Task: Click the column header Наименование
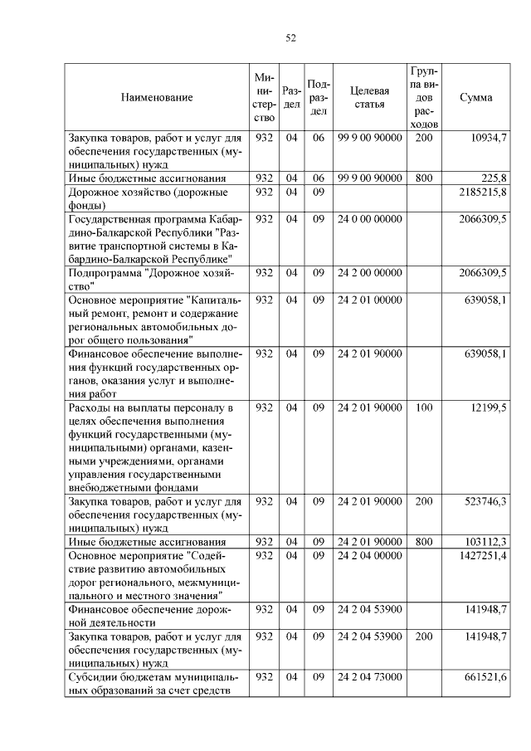coord(157,97)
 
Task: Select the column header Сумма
coord(475,97)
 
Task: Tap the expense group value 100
coord(424,408)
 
